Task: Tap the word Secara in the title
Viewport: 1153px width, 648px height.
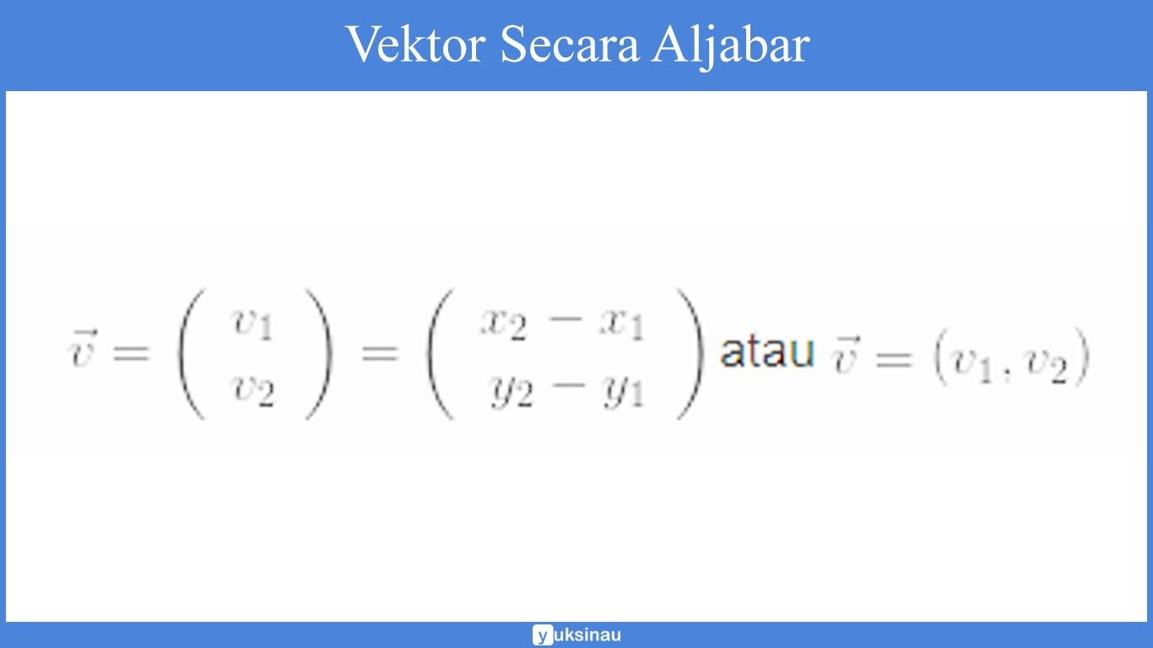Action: click(x=570, y=44)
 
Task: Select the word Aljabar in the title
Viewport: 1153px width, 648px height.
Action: click(x=730, y=46)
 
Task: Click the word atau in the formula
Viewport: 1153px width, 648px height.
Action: click(x=766, y=352)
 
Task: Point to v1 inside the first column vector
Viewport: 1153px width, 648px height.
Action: click(x=253, y=322)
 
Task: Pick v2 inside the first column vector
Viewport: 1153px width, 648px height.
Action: click(x=253, y=391)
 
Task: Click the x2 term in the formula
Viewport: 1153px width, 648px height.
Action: click(x=503, y=322)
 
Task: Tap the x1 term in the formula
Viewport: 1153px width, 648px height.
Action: click(x=621, y=322)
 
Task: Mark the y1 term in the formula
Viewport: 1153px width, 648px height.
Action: click(x=623, y=392)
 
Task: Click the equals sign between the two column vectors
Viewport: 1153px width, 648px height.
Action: click(x=379, y=353)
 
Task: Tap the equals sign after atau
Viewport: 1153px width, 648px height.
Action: click(x=894, y=359)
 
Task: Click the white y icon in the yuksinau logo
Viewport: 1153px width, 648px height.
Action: click(x=543, y=635)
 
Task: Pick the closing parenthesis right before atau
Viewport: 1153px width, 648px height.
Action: click(x=690, y=354)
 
